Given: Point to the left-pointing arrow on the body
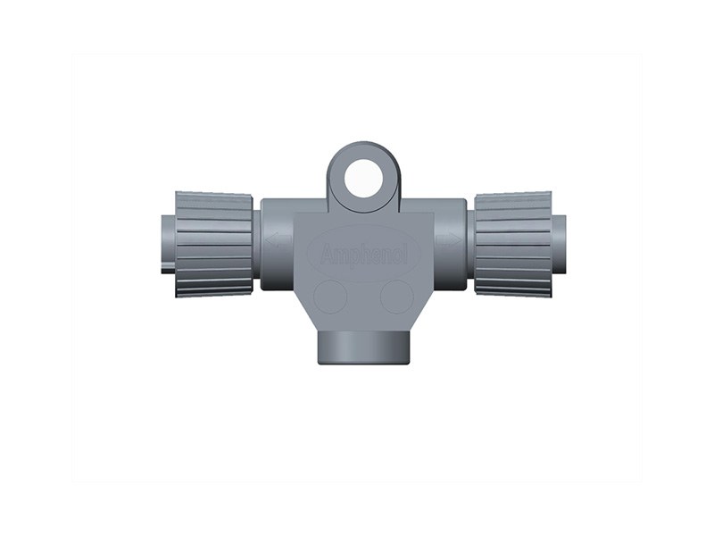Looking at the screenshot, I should point(273,239).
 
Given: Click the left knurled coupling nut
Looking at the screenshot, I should point(214,244).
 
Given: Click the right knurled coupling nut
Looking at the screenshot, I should point(512,244).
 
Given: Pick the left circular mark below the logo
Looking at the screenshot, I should point(332,296).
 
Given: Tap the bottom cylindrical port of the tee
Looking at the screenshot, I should point(363,348).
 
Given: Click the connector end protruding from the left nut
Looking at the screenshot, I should point(167,243).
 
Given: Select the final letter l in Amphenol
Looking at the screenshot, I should point(405,255).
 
